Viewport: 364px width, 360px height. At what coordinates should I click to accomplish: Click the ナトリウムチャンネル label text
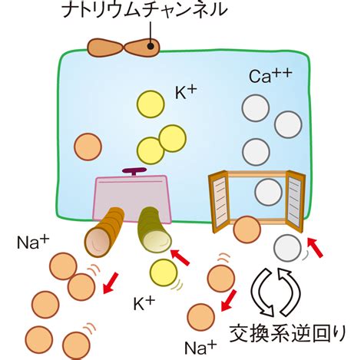145,10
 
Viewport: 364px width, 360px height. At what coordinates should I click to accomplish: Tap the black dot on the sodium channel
151,46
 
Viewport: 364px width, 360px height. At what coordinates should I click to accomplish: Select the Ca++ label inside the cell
270,75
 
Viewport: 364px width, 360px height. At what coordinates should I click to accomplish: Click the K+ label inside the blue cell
186,92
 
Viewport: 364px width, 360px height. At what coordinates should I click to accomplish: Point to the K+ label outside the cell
144,303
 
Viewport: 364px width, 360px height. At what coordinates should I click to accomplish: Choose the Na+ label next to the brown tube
33,242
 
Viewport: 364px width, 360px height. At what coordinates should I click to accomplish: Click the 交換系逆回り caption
288,333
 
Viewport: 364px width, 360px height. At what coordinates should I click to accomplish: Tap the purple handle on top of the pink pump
134,171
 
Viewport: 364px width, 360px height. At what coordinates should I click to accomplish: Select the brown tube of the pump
104,232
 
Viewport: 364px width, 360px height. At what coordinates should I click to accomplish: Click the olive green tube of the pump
154,230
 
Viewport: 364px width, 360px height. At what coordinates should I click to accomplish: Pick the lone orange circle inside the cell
88,147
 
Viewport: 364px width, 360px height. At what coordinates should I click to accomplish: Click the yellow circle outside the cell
164,272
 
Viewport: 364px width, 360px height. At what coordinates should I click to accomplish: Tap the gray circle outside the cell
287,248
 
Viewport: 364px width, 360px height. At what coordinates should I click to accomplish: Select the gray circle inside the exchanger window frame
268,192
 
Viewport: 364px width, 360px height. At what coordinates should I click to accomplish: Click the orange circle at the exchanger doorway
247,230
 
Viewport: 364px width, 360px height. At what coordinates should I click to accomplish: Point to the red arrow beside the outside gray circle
315,247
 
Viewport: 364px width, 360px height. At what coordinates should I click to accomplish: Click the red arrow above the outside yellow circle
180,257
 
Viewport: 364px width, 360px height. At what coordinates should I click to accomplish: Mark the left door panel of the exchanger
218,202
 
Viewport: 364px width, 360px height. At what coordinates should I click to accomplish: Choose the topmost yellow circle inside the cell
151,104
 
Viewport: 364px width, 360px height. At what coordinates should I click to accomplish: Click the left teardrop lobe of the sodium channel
105,48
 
